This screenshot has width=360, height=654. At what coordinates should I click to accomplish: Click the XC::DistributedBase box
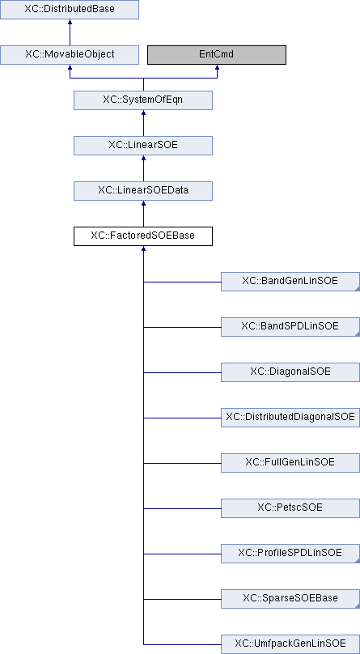coord(69,10)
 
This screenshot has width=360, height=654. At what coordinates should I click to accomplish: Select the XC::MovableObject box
coord(69,55)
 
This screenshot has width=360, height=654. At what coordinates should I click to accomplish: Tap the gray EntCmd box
coord(217,55)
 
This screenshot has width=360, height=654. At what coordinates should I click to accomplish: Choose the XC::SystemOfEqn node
coord(143,100)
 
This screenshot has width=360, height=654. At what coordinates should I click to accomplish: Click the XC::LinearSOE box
coord(143,146)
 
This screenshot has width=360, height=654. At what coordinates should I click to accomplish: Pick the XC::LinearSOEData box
coord(143,191)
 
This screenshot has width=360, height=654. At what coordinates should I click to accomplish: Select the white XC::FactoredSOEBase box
coord(143,236)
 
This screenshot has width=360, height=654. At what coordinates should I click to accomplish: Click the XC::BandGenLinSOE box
coord(290,282)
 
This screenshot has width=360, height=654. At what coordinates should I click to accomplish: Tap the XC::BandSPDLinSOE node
coord(290,327)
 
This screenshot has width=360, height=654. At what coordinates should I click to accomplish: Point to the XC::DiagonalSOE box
coord(290,372)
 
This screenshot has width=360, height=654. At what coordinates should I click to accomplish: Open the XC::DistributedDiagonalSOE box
coord(290,418)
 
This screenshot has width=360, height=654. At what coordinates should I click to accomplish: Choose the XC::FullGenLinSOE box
coord(290,463)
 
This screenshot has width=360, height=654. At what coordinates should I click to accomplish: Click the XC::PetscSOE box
coord(290,508)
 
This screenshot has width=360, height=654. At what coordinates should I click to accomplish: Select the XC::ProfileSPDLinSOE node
coord(290,554)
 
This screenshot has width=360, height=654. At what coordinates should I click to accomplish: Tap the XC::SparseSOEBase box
coord(290,599)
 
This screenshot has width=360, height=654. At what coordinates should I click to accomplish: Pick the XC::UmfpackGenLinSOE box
coord(290,644)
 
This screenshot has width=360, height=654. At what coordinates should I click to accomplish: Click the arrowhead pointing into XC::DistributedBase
coord(70,22)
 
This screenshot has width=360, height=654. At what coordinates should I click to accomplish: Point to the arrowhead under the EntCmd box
coord(217,67)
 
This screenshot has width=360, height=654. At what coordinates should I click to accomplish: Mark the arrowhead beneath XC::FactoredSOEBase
coord(143,248)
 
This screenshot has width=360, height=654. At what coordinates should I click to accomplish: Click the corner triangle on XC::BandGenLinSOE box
coord(358,289)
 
